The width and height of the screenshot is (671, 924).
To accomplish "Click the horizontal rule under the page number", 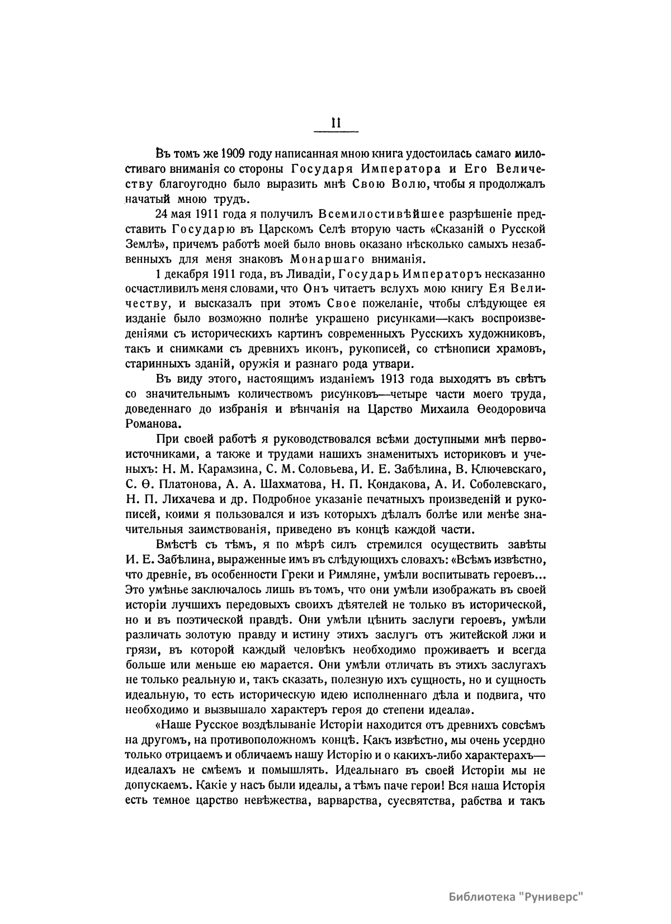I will pyautogui.click(x=336, y=132).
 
